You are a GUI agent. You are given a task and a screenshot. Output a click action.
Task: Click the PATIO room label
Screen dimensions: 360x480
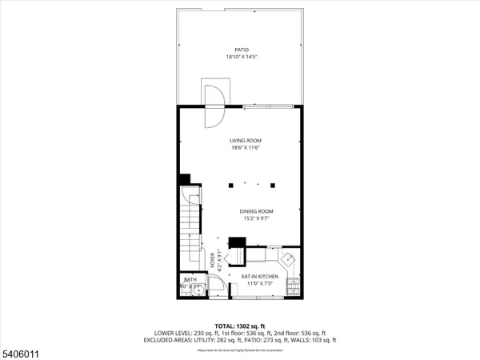tap(241, 50)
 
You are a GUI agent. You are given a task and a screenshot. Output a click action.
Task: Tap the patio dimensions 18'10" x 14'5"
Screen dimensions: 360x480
tap(241, 57)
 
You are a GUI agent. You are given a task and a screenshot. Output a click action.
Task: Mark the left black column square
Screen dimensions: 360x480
tap(230, 185)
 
